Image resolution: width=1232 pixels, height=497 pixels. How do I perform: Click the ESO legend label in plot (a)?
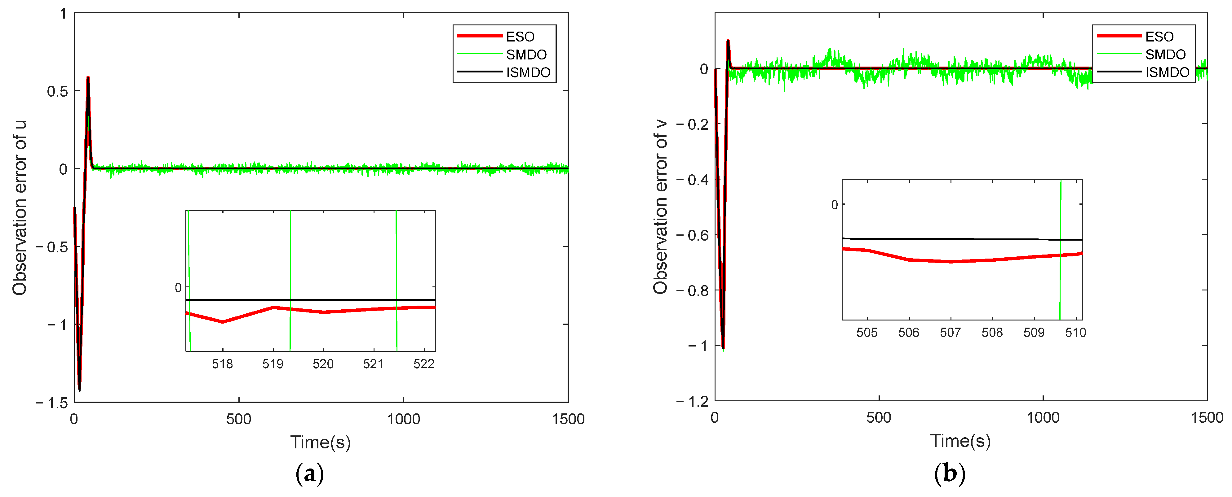520,37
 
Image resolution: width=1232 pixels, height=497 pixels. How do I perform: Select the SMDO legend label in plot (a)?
526,54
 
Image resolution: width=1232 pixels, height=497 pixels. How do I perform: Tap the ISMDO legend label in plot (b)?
1167,72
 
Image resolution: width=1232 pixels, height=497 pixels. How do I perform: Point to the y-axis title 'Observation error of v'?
660,207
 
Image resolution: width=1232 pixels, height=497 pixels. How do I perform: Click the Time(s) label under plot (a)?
321,442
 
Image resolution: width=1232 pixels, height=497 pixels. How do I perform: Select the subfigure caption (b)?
949,473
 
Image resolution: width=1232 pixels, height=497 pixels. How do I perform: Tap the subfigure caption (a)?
310,473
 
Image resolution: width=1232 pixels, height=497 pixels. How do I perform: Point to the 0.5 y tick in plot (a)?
57,91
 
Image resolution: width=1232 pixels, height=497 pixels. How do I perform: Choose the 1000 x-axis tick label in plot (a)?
403,419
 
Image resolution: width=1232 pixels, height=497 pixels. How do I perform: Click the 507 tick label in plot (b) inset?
950,333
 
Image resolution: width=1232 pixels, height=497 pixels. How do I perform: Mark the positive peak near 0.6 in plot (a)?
88,77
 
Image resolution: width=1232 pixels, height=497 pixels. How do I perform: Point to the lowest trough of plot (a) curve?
79,390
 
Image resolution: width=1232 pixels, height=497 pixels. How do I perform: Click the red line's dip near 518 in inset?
223,322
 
